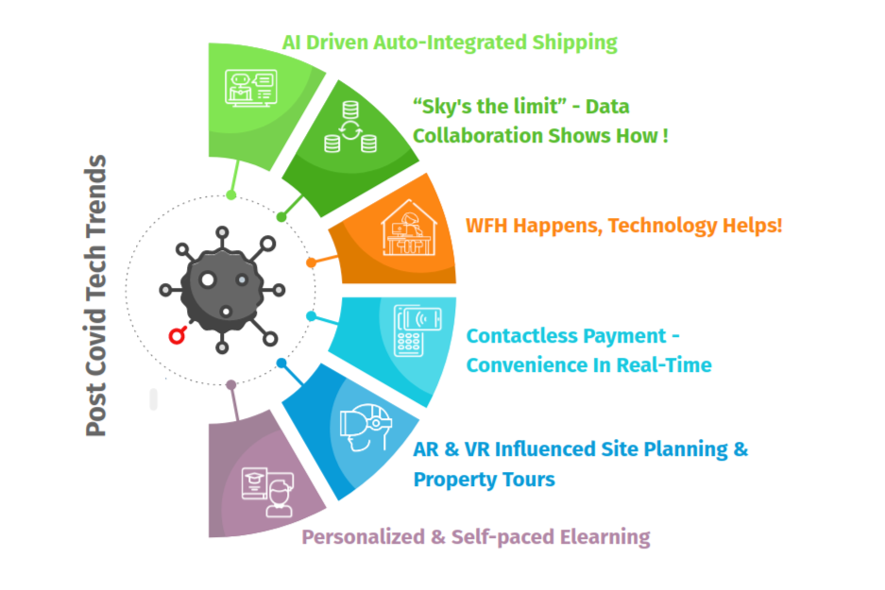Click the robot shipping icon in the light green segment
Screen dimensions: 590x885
point(250,87)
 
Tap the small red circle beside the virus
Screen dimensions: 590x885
point(176,335)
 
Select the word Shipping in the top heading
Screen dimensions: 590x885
point(571,42)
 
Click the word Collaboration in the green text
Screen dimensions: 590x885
point(480,135)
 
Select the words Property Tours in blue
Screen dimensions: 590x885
point(484,479)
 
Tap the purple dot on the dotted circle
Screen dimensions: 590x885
point(231,384)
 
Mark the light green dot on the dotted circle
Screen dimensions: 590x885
point(231,195)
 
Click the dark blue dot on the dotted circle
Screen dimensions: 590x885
point(281,362)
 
